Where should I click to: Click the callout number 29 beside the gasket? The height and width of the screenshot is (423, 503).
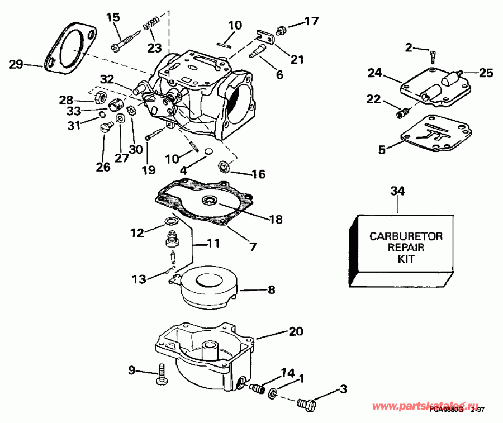coord(17,64)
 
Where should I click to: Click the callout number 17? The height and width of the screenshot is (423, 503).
coord(311,22)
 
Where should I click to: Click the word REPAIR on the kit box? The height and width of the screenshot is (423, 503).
coord(406,248)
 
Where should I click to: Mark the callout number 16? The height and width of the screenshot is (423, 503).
coord(258,174)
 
